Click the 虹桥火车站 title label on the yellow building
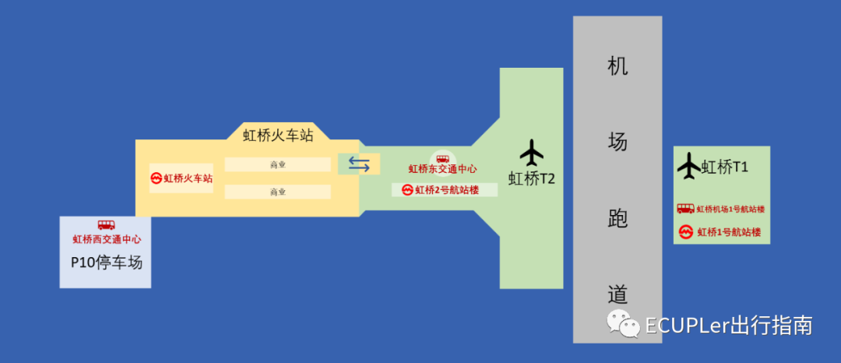(x=278, y=135)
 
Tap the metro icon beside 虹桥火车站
(x=156, y=178)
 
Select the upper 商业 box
(x=277, y=164)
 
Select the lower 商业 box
(x=277, y=191)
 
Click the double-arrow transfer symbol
(x=359, y=164)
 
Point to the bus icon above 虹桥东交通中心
(x=442, y=158)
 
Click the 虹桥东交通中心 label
(x=442, y=169)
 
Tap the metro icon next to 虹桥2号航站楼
(x=407, y=189)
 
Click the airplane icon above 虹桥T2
(x=532, y=152)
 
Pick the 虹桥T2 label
(x=532, y=178)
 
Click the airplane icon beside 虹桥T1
(x=689, y=165)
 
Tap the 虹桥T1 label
(x=725, y=166)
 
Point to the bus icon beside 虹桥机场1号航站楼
(x=685, y=209)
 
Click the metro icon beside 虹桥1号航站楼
(x=686, y=232)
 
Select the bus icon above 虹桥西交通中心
(x=106, y=225)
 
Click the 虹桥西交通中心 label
(x=107, y=239)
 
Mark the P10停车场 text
(x=107, y=263)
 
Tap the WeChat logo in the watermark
(x=622, y=322)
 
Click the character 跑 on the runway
(x=618, y=219)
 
